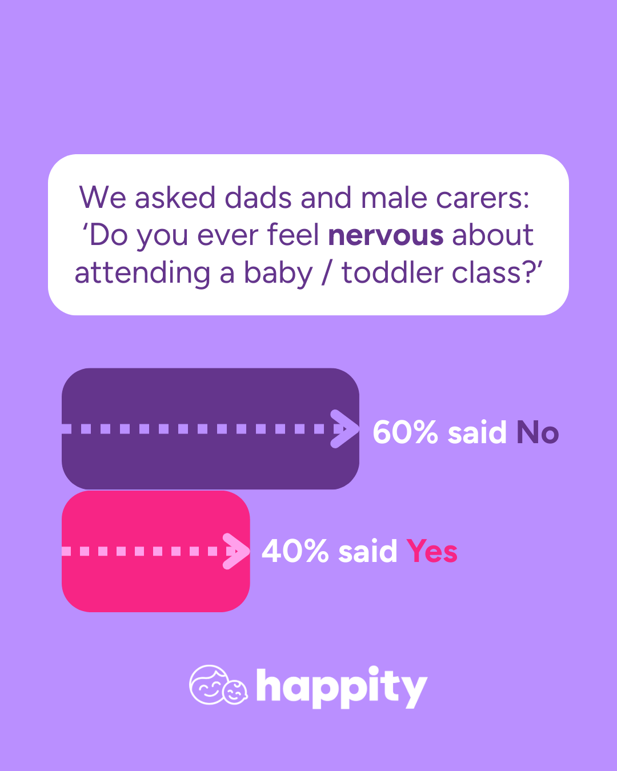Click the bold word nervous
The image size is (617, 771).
pyautogui.click(x=386, y=236)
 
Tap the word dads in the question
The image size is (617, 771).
pyautogui.click(x=258, y=197)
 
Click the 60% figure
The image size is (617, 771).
pyautogui.click(x=405, y=432)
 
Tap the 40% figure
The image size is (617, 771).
pyautogui.click(x=295, y=551)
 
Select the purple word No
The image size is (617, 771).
pyautogui.click(x=538, y=432)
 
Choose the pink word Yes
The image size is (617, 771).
pyautogui.click(x=432, y=551)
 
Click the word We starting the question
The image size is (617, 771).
pyautogui.click(x=102, y=197)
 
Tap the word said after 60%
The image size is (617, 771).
pyautogui.click(x=477, y=432)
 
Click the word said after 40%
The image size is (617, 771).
pyautogui.click(x=368, y=551)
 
